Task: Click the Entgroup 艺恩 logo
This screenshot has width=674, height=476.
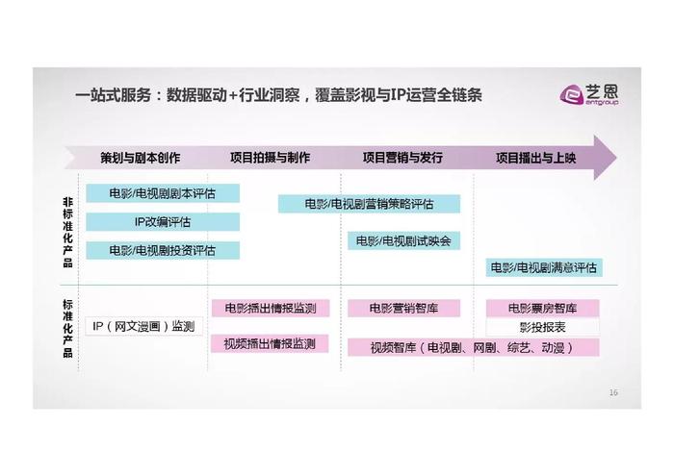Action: pyautogui.click(x=589, y=94)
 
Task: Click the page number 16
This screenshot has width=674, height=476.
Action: pyautogui.click(x=613, y=392)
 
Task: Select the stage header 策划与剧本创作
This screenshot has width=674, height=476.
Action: pyautogui.click(x=141, y=158)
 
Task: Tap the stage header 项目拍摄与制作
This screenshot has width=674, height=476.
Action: pyautogui.click(x=270, y=158)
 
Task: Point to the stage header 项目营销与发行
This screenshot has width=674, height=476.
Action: pyautogui.click(x=402, y=158)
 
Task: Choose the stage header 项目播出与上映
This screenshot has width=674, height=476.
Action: pyautogui.click(x=535, y=158)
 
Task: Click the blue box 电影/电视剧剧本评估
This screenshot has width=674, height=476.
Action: pyautogui.click(x=163, y=193)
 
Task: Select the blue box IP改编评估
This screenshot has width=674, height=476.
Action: pyautogui.click(x=163, y=222)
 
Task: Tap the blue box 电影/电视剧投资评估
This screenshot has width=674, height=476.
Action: pyautogui.click(x=163, y=250)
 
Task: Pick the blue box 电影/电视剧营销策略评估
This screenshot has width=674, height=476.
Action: pyautogui.click(x=369, y=204)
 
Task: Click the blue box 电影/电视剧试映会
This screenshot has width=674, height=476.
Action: pyautogui.click(x=403, y=240)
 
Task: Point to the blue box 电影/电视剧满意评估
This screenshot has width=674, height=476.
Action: pyautogui.click(x=544, y=268)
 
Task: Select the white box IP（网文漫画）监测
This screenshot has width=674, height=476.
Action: pyautogui.click(x=143, y=326)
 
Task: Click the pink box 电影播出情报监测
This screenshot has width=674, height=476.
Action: pyautogui.click(x=271, y=308)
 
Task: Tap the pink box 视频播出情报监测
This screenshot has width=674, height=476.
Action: pyautogui.click(x=270, y=344)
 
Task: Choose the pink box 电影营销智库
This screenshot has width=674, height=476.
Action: pyautogui.click(x=403, y=308)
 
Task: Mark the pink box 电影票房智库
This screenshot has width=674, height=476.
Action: pyautogui.click(x=542, y=308)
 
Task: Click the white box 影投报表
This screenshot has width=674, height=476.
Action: pyautogui.click(x=542, y=327)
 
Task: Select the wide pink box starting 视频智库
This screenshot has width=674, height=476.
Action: pyautogui.click(x=474, y=347)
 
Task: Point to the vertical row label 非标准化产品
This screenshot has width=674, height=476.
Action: pyautogui.click(x=68, y=232)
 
